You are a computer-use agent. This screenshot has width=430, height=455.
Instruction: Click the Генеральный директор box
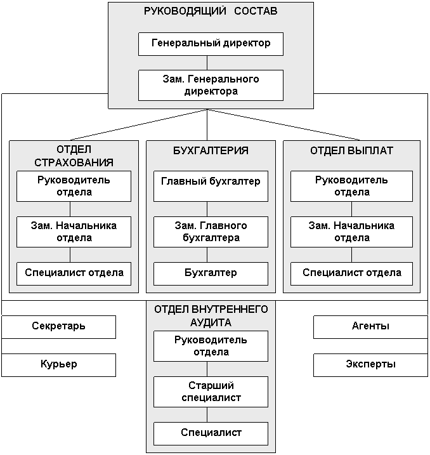coord(211,44)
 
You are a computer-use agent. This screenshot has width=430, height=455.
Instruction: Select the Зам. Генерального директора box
coord(211,85)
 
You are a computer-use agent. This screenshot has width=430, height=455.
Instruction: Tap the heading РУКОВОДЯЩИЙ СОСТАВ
coord(211,11)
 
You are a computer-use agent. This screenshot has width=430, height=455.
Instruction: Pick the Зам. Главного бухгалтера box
coord(211,232)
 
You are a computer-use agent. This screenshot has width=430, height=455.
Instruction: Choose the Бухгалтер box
coord(211,273)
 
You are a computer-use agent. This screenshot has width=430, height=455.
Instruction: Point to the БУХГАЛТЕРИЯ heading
coord(211,151)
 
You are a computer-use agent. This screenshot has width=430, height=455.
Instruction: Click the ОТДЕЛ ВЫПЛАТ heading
coord(351,151)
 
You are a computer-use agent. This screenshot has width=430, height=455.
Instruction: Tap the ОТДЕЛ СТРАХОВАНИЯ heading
coord(74,156)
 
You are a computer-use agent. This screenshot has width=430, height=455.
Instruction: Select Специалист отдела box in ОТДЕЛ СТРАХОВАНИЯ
coord(74,273)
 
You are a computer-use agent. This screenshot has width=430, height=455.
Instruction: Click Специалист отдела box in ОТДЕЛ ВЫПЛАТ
coord(351,273)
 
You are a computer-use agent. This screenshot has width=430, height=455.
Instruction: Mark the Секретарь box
coord(58,327)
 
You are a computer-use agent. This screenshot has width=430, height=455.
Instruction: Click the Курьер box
coord(58,365)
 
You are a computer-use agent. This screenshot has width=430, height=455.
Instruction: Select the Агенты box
coord(370,327)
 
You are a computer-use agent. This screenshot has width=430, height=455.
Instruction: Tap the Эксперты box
coord(370,365)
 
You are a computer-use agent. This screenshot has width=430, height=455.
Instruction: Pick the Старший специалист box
coord(211,392)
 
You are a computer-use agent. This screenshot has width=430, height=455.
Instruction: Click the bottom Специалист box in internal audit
coord(211,433)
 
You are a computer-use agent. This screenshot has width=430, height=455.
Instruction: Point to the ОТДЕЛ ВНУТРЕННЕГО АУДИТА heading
coord(211,315)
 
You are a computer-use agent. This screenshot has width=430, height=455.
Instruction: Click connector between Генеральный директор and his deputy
coord(207,62)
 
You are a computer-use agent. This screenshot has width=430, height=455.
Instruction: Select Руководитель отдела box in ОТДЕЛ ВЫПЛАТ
coord(351,186)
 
